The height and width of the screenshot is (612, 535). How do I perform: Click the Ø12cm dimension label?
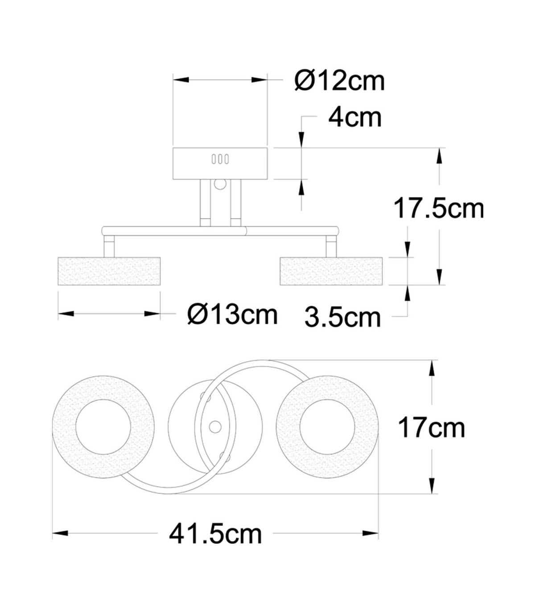tap(340, 81)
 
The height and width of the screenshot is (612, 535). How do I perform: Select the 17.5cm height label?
tap(439, 209)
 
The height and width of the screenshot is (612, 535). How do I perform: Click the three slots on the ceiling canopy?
tap(220, 159)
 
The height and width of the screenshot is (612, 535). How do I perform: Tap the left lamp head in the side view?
tap(109, 271)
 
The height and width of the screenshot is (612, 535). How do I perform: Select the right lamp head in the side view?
tap(331, 271)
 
